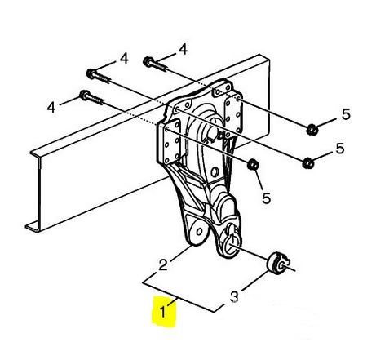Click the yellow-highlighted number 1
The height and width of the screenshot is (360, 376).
(x=163, y=312)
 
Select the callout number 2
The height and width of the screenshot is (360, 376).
(x=163, y=264)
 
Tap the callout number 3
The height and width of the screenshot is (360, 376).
(x=234, y=297)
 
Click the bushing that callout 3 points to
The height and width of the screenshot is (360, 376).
(x=276, y=263)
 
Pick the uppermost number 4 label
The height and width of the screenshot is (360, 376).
(x=184, y=50)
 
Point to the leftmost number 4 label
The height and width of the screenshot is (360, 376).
(x=51, y=107)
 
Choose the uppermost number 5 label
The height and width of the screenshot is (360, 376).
(x=346, y=114)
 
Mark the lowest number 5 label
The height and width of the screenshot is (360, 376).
(x=267, y=198)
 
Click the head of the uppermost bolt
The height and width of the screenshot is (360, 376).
(x=148, y=61)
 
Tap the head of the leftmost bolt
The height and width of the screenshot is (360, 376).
(x=84, y=95)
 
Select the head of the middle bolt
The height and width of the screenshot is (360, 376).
(x=91, y=73)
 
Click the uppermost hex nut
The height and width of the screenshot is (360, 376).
(x=312, y=129)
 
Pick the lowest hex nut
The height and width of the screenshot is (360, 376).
(x=253, y=164)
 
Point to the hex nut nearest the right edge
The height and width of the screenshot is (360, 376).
(x=312, y=129)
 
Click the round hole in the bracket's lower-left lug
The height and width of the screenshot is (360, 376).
(x=200, y=232)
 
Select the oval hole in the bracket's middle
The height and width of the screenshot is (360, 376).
(x=215, y=172)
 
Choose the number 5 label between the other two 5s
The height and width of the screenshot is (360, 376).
(x=340, y=149)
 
